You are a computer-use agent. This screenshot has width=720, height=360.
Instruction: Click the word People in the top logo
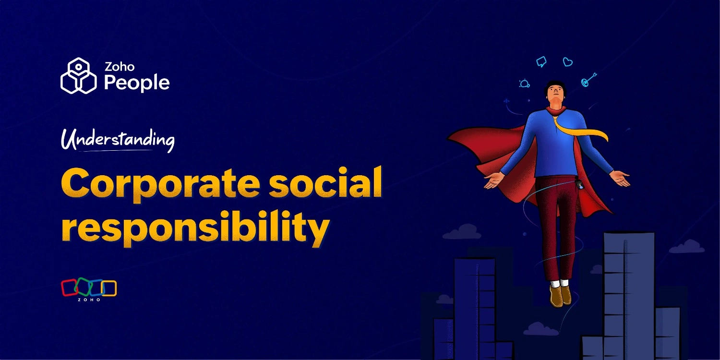click(137, 83)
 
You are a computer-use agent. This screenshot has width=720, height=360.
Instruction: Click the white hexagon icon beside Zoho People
click(79, 76)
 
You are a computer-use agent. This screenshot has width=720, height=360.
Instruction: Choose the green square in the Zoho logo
click(84, 287)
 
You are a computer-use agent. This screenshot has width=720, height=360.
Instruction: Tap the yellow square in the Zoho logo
click(109, 288)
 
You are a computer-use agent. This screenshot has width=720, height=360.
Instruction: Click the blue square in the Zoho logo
click(97, 288)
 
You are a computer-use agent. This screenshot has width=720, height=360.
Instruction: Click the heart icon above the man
click(568, 62)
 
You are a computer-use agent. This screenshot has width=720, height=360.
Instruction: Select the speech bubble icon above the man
click(541, 62)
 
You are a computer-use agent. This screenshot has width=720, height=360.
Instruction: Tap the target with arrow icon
click(588, 80)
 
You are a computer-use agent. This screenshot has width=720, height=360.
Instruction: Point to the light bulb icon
click(524, 84)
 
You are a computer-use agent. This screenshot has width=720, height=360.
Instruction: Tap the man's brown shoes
click(560, 295)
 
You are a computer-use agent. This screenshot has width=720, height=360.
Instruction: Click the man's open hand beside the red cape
click(493, 180)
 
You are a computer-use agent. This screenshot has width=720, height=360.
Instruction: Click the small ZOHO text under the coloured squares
click(89, 300)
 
